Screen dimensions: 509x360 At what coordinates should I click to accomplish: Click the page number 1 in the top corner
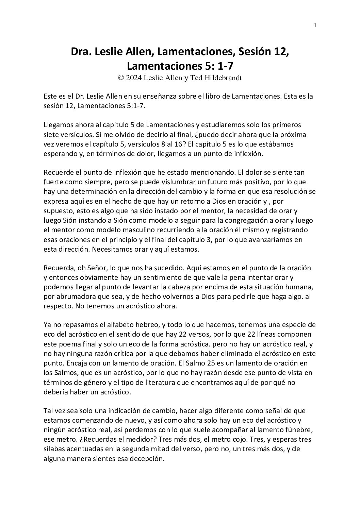point(315,25)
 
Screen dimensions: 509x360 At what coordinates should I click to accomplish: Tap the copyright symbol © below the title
point(121,78)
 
